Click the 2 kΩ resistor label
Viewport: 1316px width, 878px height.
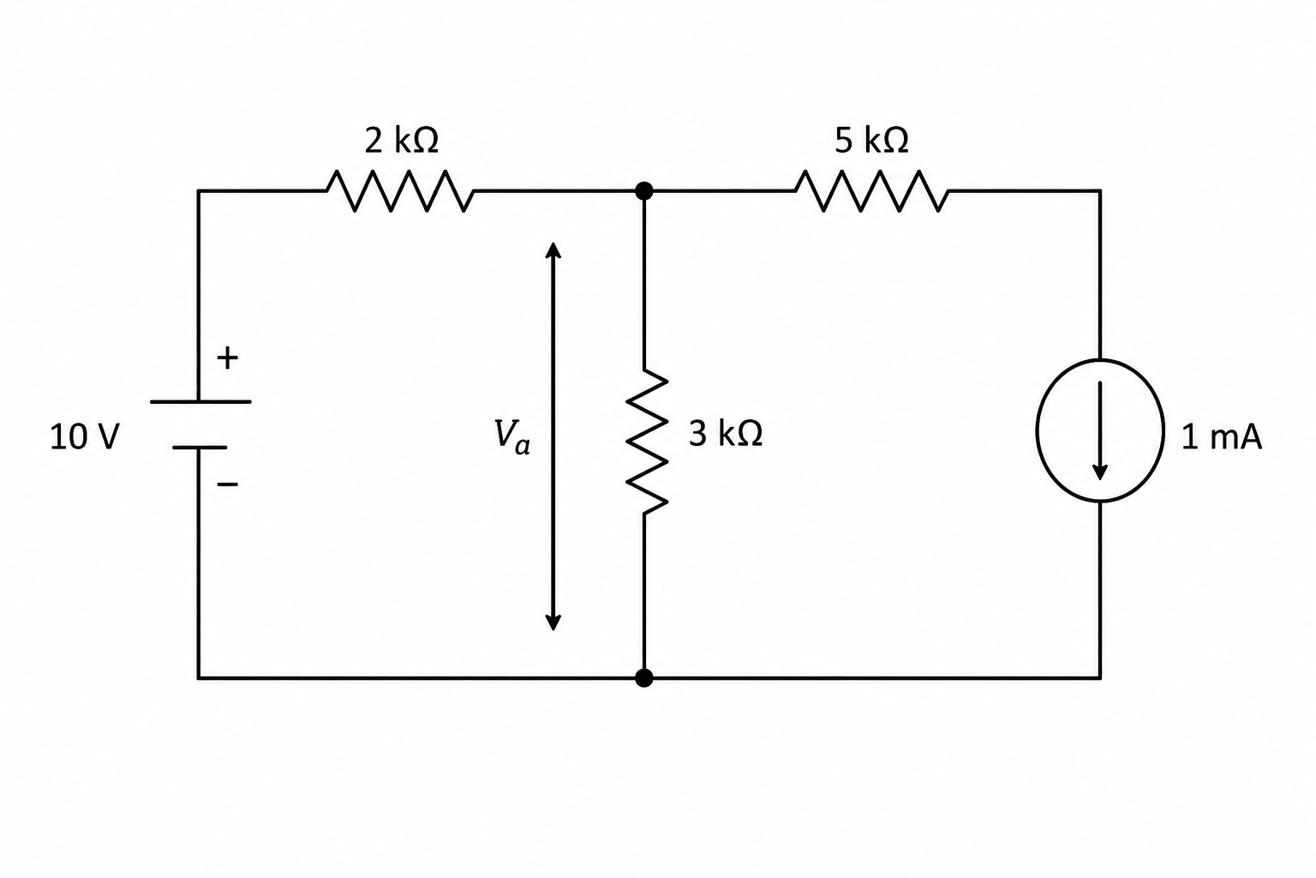401,141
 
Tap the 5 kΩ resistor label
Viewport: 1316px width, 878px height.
871,141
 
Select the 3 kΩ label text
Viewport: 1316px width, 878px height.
726,434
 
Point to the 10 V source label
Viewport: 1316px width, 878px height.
85,437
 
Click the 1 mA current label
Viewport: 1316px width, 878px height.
1222,437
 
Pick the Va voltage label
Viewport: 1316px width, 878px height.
511,436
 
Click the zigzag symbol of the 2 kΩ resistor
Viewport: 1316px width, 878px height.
400,191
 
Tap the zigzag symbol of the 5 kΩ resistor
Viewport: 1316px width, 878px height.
872,191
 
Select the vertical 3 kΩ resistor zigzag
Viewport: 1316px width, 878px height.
646,442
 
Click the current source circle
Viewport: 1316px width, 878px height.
1037,430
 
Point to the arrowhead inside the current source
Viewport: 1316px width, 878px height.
1100,472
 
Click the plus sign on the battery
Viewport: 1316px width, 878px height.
227,358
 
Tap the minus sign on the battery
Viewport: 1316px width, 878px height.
227,484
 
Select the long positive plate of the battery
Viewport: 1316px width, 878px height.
200,401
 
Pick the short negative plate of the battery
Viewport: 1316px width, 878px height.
200,448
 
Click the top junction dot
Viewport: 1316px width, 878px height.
644,191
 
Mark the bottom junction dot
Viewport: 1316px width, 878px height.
644,678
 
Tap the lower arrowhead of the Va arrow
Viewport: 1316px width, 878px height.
553,622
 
